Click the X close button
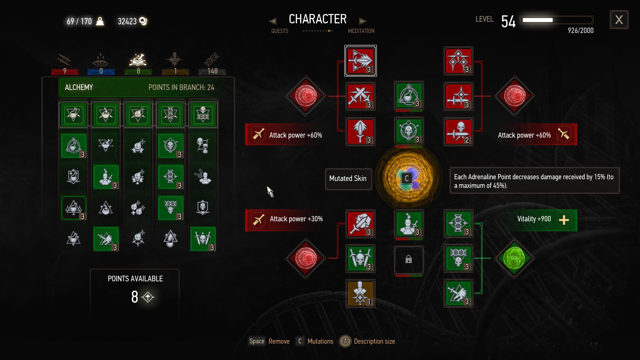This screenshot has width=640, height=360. (619, 20)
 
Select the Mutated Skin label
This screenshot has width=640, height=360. (348, 179)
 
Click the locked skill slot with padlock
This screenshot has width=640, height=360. (409, 260)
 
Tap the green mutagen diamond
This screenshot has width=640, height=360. (514, 258)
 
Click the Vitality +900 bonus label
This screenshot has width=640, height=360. (534, 219)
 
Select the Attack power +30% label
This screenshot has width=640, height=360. (296, 219)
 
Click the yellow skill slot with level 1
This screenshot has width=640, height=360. (360, 293)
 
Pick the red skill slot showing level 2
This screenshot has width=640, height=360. (459, 132)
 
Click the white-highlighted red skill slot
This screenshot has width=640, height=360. (360, 61)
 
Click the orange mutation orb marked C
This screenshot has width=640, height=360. (407, 178)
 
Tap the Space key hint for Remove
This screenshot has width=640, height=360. (257, 341)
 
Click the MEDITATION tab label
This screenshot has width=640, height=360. (361, 31)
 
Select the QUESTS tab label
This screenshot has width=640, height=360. (280, 31)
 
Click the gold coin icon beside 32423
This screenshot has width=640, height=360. (143, 21)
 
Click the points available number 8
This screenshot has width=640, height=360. (135, 297)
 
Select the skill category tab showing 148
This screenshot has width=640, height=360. (212, 63)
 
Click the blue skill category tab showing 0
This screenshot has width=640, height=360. (101, 63)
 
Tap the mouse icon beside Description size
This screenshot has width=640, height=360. (345, 341)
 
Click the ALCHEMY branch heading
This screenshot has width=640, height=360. (79, 87)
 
